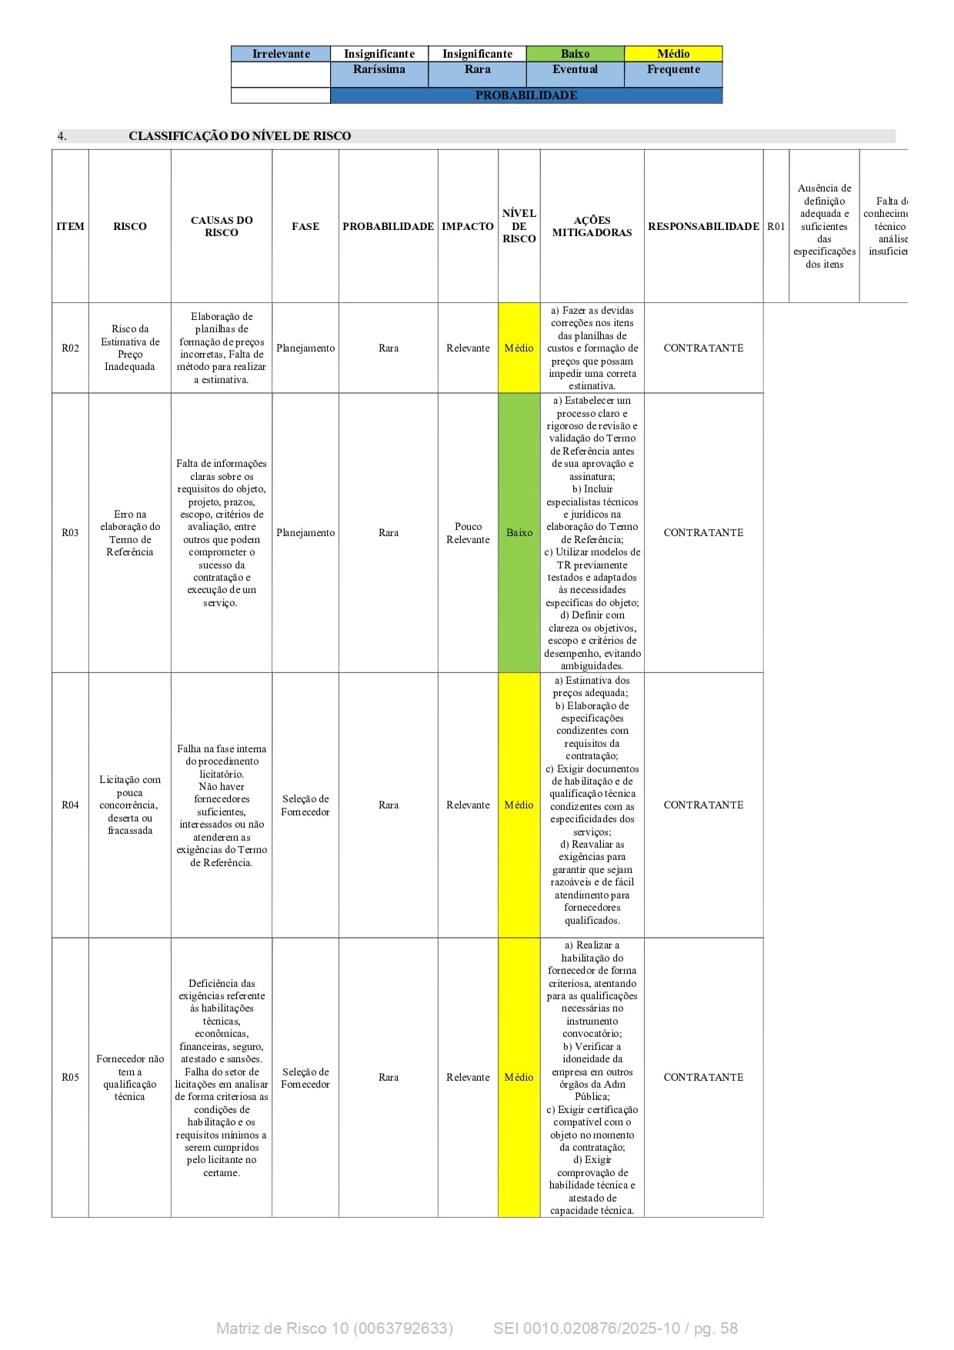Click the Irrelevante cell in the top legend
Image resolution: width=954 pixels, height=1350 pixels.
(x=281, y=54)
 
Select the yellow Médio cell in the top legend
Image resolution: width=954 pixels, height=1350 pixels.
(x=673, y=54)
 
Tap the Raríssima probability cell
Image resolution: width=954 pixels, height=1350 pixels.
(x=379, y=70)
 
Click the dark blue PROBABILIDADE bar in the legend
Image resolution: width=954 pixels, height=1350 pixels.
(x=526, y=95)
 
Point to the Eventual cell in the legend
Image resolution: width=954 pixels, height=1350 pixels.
(x=575, y=70)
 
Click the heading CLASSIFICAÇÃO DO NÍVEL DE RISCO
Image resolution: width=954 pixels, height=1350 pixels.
(x=239, y=136)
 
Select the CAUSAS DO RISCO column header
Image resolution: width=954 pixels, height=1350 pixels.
(x=222, y=226)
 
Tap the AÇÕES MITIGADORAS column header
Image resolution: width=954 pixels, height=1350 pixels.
(x=592, y=226)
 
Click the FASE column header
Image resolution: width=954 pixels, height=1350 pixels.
(x=305, y=226)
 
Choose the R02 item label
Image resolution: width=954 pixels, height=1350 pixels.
(x=70, y=348)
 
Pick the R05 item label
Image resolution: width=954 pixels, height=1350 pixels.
(x=70, y=1078)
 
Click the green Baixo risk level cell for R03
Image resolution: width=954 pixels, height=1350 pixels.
(x=519, y=533)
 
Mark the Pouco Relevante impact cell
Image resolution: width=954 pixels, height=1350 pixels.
(x=468, y=533)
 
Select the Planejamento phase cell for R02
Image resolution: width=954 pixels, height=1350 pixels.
(x=305, y=348)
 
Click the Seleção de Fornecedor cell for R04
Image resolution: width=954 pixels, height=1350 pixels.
(x=305, y=805)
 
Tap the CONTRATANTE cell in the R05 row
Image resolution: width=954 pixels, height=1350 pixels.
(x=703, y=1078)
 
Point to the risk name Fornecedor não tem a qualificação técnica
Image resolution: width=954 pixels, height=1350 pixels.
(x=130, y=1078)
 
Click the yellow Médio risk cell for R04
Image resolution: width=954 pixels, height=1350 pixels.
(x=519, y=805)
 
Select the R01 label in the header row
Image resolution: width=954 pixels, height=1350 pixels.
(x=776, y=226)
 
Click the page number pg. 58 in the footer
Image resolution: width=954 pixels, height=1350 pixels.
(x=715, y=1328)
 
